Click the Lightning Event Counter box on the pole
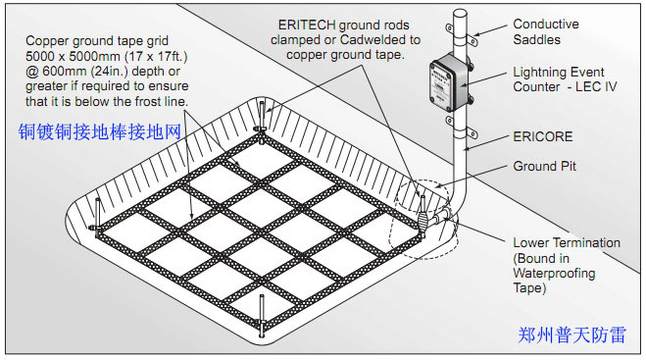pyautogui.click(x=449, y=82)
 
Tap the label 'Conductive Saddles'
pyautogui.click(x=545, y=31)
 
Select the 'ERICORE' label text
pyautogui.click(x=543, y=136)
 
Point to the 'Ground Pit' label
pyautogui.click(x=544, y=166)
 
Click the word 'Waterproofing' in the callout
pyautogui.click(x=554, y=273)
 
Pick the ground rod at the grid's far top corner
pyautogui.click(x=262, y=122)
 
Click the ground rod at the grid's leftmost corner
pyautogui.click(x=97, y=218)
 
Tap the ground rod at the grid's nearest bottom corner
pyautogui.click(x=261, y=316)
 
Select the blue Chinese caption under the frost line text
pyautogui.click(x=100, y=132)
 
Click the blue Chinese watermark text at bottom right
pyautogui.click(x=571, y=334)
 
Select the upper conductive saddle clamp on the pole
pyautogui.click(x=462, y=34)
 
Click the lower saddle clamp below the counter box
pyautogui.click(x=462, y=128)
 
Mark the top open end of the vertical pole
pyautogui.click(x=460, y=13)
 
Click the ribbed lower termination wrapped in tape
pyautogui.click(x=423, y=220)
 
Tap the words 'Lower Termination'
pyautogui.click(x=567, y=242)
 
